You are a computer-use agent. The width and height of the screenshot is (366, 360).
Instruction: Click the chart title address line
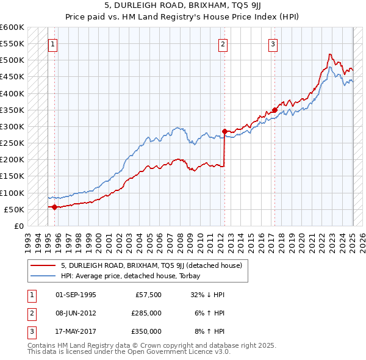[x=182, y=6]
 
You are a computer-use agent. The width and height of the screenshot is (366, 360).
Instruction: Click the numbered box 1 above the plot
[x=53, y=44]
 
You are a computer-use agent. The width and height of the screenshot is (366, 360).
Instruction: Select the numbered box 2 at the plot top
[x=223, y=44]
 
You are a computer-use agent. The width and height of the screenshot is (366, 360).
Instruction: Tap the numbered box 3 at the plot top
[x=273, y=44]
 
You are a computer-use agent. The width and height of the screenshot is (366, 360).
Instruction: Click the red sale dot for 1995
[x=54, y=207]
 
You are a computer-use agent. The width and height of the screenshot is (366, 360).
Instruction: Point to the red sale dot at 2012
[x=224, y=131]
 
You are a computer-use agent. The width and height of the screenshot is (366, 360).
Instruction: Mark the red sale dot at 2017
[x=274, y=110]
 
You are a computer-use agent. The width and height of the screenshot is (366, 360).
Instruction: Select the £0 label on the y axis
[x=18, y=226]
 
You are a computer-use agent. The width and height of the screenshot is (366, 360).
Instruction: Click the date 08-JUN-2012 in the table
[x=76, y=312]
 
